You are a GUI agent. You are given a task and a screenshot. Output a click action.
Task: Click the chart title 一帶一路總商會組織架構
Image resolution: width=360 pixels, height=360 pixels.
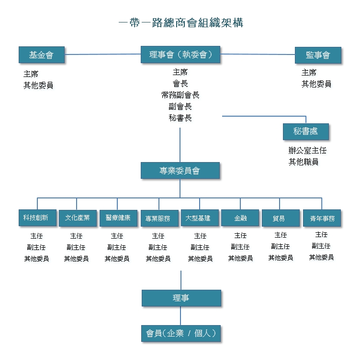click(x=181, y=23)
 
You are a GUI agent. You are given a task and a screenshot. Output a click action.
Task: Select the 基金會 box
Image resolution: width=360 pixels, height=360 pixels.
click(x=42, y=55)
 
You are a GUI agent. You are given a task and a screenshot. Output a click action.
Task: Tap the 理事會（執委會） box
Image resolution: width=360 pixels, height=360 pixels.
click(x=180, y=55)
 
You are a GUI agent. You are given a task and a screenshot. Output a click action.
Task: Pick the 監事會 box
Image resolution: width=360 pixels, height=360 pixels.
click(x=318, y=55)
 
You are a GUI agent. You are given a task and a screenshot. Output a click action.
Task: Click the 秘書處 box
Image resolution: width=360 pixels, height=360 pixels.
click(x=306, y=131)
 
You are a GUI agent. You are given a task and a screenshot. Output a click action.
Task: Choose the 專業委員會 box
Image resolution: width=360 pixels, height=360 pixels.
click(x=180, y=170)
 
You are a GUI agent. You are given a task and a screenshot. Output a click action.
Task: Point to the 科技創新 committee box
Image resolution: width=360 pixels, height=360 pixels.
click(x=37, y=218)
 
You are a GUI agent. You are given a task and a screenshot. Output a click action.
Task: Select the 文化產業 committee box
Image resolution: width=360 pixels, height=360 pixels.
click(x=78, y=218)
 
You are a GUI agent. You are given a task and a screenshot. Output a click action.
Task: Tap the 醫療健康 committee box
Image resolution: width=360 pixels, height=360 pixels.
click(x=118, y=218)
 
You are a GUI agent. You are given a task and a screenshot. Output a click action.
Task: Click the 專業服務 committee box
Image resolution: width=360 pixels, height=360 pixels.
click(x=159, y=218)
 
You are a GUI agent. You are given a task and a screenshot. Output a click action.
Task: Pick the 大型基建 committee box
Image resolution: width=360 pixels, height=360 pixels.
click(x=200, y=218)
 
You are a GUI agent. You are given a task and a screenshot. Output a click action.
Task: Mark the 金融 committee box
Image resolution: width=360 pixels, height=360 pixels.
click(x=240, y=218)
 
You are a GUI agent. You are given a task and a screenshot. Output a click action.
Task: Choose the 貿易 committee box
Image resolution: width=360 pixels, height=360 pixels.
click(x=281, y=218)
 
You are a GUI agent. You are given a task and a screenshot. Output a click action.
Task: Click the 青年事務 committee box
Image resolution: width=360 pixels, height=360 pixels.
click(x=322, y=218)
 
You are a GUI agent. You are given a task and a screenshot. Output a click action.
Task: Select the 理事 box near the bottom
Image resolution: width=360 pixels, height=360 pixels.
click(x=181, y=298)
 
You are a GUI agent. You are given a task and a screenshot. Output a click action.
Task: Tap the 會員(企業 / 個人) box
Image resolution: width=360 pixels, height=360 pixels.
click(x=181, y=333)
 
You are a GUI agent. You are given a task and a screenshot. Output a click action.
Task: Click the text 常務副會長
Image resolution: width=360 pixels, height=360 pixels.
click(x=180, y=95)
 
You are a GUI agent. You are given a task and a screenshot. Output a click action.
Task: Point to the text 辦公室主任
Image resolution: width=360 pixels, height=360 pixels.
click(x=307, y=151)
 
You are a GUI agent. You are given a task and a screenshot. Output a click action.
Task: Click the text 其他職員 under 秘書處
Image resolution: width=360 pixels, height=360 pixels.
click(x=304, y=162)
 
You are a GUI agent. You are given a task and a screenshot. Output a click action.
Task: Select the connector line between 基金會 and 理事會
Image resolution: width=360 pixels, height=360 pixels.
click(x=102, y=55)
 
